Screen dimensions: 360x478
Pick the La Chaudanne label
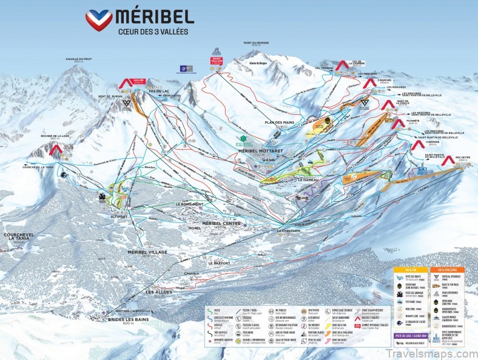(x=288, y=231)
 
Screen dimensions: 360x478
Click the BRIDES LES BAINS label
(x=119, y=319)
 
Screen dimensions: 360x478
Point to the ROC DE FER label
(x=462, y=158)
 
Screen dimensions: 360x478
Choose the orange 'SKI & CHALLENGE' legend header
(x=448, y=268)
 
